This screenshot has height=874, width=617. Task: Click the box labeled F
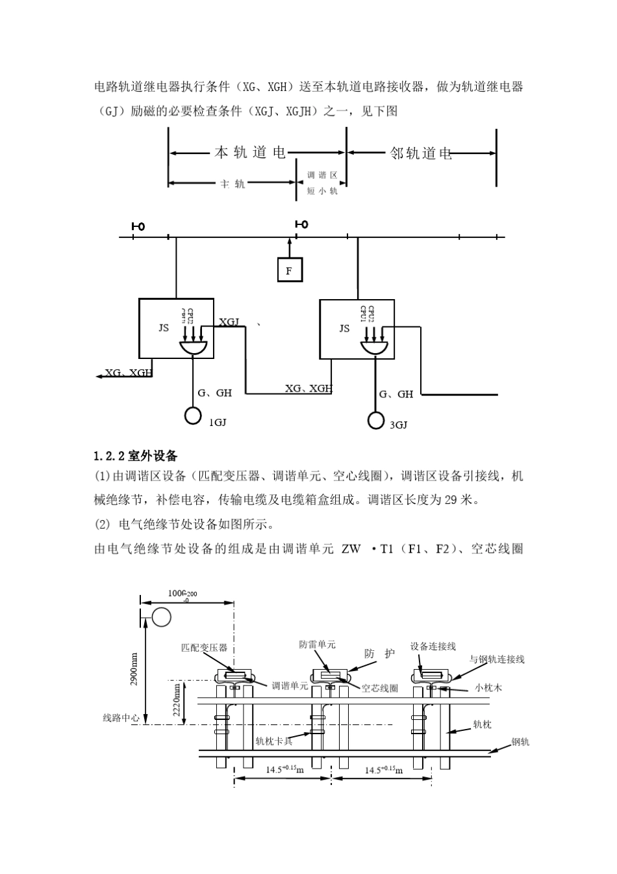(x=290, y=270)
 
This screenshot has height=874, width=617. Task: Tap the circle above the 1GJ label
(x=193, y=414)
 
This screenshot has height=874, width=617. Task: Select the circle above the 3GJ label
(x=375, y=420)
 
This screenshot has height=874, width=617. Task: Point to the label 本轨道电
(x=250, y=153)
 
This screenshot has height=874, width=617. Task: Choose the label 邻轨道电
(x=421, y=153)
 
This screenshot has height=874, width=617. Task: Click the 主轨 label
(x=233, y=184)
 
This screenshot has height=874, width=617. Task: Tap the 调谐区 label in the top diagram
(x=322, y=176)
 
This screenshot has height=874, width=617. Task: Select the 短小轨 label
(x=322, y=191)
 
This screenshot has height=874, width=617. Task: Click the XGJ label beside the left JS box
(x=229, y=322)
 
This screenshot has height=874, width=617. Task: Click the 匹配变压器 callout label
(x=204, y=648)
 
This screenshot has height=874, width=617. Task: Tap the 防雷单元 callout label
(x=317, y=644)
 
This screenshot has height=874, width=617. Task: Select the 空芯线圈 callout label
(x=379, y=688)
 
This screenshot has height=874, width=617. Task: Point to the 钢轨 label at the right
(x=520, y=741)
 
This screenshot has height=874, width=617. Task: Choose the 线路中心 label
(x=121, y=718)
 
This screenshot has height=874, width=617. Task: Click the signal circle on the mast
(x=161, y=615)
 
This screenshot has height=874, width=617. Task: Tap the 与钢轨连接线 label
(x=497, y=659)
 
